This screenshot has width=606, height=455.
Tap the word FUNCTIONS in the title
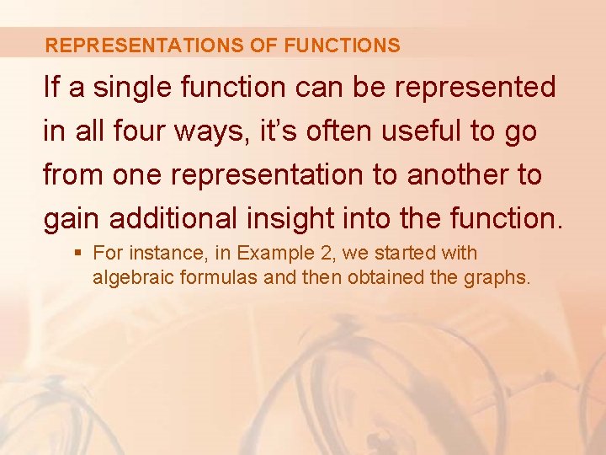click(343, 45)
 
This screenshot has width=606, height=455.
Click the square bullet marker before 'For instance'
click(77, 253)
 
